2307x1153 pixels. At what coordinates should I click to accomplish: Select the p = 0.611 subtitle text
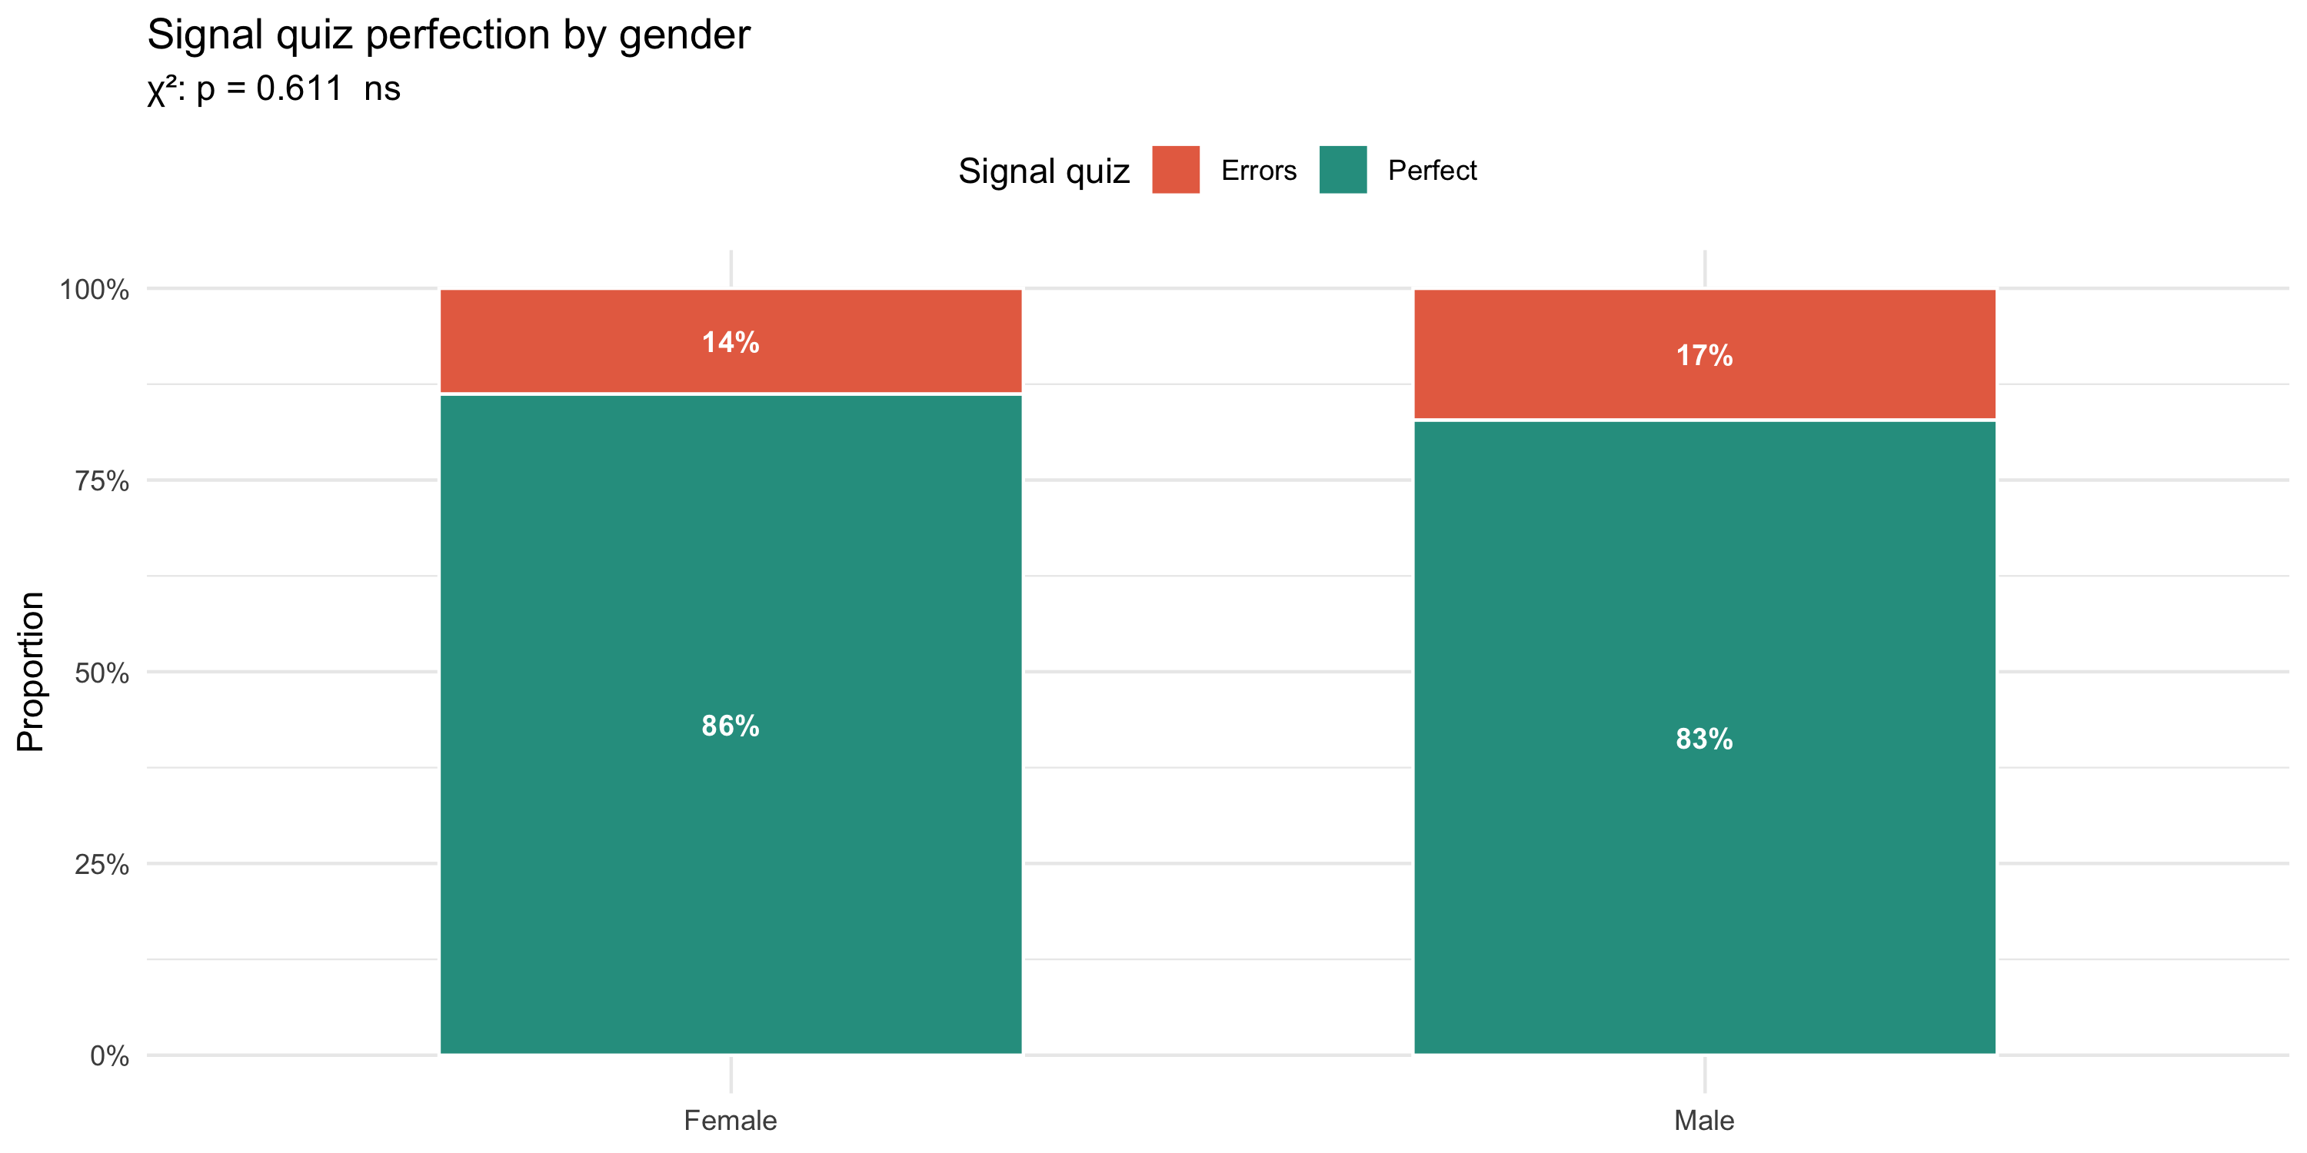tap(273, 88)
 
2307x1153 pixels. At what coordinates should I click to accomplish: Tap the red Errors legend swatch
tap(1175, 169)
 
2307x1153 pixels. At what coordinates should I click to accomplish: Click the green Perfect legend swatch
tap(1343, 169)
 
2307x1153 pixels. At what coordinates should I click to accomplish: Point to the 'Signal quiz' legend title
tap(1044, 171)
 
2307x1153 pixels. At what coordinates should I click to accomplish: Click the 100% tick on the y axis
tap(94, 290)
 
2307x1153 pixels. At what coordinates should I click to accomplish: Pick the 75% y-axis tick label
tap(102, 482)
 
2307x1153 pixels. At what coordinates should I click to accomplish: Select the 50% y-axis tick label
tap(102, 673)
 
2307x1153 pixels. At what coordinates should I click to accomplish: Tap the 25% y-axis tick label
tap(102, 865)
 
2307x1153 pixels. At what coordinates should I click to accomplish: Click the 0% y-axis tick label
tap(109, 1056)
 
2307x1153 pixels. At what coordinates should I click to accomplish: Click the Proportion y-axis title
tap(31, 671)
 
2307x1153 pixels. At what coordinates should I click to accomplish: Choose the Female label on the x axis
tap(730, 1121)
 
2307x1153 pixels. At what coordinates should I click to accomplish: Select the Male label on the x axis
tap(1703, 1121)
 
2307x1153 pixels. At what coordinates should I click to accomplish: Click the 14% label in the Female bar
tap(730, 342)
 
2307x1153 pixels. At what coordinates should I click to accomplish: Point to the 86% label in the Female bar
tap(730, 725)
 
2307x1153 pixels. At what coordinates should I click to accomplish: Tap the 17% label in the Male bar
tap(1703, 355)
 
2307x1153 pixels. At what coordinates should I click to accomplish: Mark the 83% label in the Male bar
tap(1703, 739)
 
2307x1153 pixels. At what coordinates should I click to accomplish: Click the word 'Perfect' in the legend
tap(1431, 170)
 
